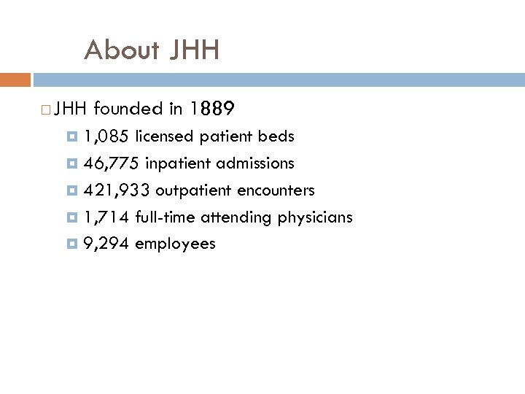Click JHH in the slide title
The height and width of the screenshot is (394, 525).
194,50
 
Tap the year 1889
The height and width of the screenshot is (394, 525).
211,109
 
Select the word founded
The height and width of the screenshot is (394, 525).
128,109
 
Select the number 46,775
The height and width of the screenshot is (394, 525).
112,163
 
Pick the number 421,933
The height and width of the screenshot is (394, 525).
117,190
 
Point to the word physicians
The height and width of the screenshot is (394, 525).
315,217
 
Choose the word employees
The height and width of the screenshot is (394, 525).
175,244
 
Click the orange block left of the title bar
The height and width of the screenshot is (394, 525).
15,79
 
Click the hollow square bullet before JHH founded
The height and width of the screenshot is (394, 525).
46,111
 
